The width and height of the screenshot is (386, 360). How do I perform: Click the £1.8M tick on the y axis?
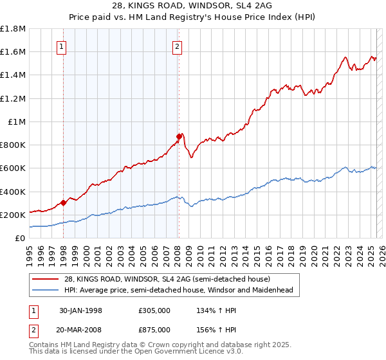click(x=13, y=29)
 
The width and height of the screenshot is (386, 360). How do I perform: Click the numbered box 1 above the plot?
click(x=61, y=46)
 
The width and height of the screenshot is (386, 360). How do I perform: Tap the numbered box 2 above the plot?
click(x=176, y=46)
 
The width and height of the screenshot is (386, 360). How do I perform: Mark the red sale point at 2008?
click(x=179, y=136)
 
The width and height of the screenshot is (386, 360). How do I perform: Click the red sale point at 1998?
click(x=64, y=203)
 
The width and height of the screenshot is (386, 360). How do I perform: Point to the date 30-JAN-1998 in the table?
click(x=80, y=310)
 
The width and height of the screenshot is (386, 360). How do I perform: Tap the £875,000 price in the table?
click(x=154, y=329)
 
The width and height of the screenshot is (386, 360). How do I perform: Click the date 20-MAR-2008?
click(x=81, y=329)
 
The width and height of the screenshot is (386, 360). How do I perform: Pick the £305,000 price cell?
click(x=154, y=310)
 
